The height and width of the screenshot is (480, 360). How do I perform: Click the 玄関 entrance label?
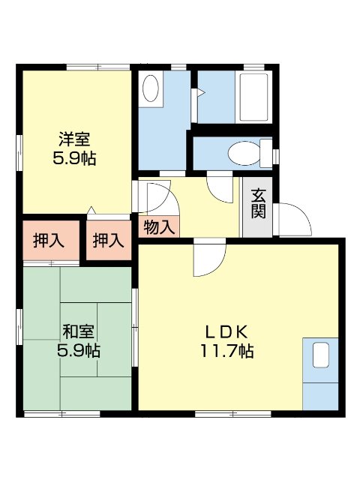[x=258, y=202]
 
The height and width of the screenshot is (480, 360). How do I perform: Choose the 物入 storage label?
[x=158, y=226]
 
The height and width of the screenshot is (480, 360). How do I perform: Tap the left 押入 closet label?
[x=49, y=240]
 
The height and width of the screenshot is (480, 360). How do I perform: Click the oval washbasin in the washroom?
[x=151, y=88]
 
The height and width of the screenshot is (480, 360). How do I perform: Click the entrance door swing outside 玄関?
[x=295, y=219]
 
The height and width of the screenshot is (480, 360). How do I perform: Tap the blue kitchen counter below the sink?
[x=321, y=394]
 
